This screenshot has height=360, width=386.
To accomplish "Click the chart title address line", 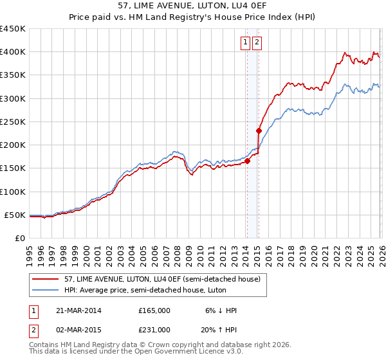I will click(192, 5).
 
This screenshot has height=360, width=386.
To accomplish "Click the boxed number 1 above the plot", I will click(246, 43).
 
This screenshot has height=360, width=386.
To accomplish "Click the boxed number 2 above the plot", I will click(257, 43).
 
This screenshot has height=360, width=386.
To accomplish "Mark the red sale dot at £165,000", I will click(247, 161).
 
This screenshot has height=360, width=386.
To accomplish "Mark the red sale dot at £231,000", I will click(258, 130).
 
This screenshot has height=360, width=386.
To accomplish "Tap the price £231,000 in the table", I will click(154, 330).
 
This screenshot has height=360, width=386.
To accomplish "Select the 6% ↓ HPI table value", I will click(221, 310).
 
